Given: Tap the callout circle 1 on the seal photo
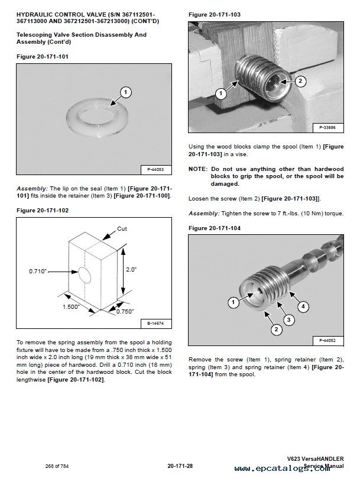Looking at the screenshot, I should coord(125,92).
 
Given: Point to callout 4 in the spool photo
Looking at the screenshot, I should coord(302,306).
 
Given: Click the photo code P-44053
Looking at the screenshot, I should coord(155,170).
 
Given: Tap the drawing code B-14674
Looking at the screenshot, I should coord(155,323).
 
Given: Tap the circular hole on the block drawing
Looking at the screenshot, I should coord(84,273).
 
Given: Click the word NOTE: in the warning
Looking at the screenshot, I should coord(199,169).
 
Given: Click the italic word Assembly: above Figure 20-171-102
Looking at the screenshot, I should coord(33,188).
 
